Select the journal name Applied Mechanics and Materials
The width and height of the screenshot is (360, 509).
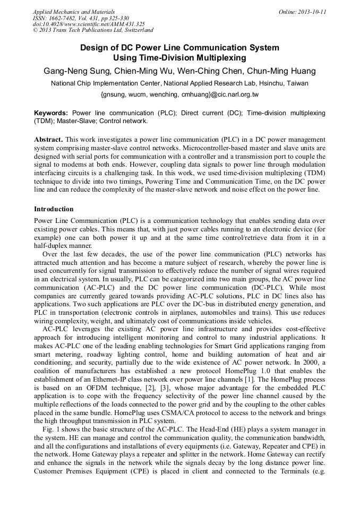[74, 12]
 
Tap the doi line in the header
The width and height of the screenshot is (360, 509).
[89, 24]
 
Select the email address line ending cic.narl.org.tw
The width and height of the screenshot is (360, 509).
[179, 95]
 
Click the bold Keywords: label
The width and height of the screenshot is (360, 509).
[51, 113]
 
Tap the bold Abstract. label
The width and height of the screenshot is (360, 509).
[48, 139]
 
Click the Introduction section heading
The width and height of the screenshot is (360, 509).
[54, 209]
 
